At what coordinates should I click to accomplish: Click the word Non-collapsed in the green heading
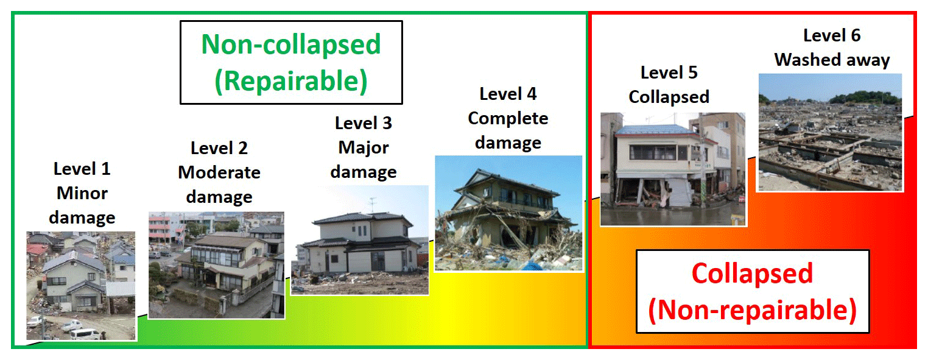point(291,44)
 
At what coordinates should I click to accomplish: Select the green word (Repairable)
point(291,81)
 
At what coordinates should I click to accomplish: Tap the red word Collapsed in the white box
point(752,274)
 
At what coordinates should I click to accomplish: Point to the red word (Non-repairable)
point(752,310)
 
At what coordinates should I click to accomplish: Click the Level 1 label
point(82,169)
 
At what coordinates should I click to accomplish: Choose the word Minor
point(82,193)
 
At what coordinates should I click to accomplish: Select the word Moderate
point(219,172)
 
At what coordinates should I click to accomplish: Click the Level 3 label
point(364,123)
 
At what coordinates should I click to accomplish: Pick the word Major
point(364,148)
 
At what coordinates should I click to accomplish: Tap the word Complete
point(508,119)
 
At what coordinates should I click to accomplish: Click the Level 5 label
point(669,72)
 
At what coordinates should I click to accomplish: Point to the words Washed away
point(832,60)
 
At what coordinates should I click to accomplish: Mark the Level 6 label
point(832,35)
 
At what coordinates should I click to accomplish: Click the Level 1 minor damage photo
point(81,286)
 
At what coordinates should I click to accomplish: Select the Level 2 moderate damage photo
point(216,265)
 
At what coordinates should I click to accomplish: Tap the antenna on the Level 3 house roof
point(373,205)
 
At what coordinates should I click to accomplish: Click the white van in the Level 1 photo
point(85,334)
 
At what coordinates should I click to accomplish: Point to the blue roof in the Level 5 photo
point(654,130)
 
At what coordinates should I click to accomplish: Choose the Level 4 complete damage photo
point(508,213)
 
